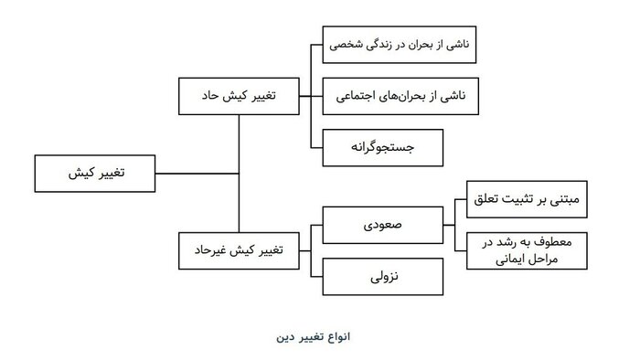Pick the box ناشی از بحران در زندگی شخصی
(400, 44)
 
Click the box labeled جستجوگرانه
(383, 146)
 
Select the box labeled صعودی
(383, 222)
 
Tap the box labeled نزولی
(383, 274)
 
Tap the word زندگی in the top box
(386, 44)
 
